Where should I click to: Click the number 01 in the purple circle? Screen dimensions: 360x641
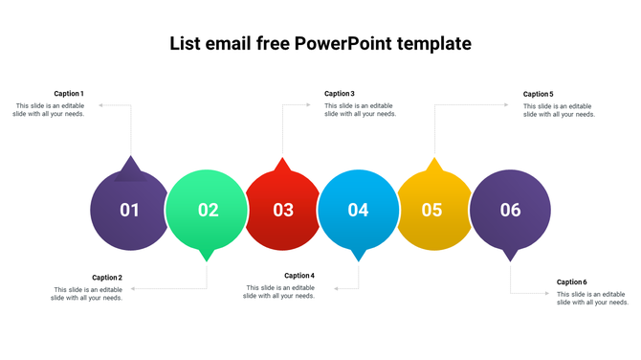point(130,210)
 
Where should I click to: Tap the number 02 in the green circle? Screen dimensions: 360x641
point(208,210)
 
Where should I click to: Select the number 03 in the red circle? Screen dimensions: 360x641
point(283,210)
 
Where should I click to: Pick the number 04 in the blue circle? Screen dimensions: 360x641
point(358,210)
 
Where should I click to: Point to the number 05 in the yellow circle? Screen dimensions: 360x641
point(432,210)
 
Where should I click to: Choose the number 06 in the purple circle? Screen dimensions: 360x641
point(510,210)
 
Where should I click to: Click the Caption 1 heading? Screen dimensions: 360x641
point(69,94)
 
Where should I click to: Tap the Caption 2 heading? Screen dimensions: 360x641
point(107,278)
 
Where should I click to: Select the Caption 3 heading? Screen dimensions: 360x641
point(340,94)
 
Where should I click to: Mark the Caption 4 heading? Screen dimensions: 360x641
point(299,276)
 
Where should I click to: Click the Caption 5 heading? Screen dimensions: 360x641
point(539,94)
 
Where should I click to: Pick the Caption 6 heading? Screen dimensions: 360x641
point(572,282)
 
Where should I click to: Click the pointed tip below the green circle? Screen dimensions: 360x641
point(207,258)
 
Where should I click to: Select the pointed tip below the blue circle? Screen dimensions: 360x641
point(359,258)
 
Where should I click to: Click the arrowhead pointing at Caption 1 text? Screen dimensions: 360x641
point(100,105)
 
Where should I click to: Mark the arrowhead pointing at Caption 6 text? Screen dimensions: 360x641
point(548,294)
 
